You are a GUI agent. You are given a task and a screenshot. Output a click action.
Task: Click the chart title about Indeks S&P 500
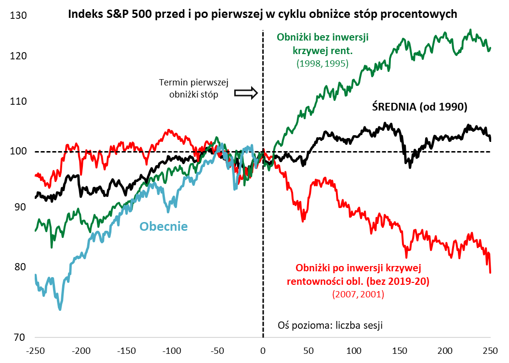(x=262, y=14)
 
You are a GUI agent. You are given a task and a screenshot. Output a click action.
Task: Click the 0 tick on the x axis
(x=263, y=349)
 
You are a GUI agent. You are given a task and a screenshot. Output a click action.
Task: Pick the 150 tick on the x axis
(x=400, y=349)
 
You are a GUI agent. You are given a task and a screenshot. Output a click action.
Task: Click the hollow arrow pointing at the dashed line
(x=246, y=93)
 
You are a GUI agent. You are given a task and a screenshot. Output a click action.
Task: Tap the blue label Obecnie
(x=163, y=226)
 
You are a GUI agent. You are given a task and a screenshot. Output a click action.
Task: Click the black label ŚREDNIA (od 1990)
(x=420, y=107)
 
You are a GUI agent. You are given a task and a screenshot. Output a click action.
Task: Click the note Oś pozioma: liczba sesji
(x=330, y=325)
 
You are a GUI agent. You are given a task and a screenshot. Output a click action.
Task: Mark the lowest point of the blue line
(x=60, y=309)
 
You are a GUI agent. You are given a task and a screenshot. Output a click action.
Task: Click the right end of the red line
(x=491, y=273)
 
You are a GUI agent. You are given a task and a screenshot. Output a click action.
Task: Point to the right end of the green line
(x=491, y=47)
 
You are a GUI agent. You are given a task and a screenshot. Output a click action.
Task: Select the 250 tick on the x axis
(x=491, y=349)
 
